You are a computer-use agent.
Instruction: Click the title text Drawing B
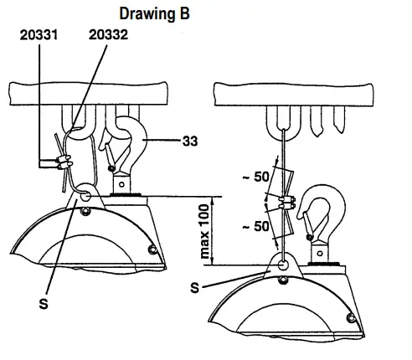point(154,14)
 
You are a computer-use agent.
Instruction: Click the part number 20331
point(39,35)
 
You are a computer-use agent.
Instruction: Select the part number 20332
point(108,35)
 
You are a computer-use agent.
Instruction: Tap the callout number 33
point(190,141)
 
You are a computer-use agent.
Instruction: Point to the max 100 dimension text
point(205,231)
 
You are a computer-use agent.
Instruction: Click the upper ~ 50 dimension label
point(256,177)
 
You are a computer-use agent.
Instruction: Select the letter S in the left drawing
point(44,303)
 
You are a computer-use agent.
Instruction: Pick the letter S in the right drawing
point(195,287)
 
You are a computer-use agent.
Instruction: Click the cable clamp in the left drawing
point(64,162)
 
